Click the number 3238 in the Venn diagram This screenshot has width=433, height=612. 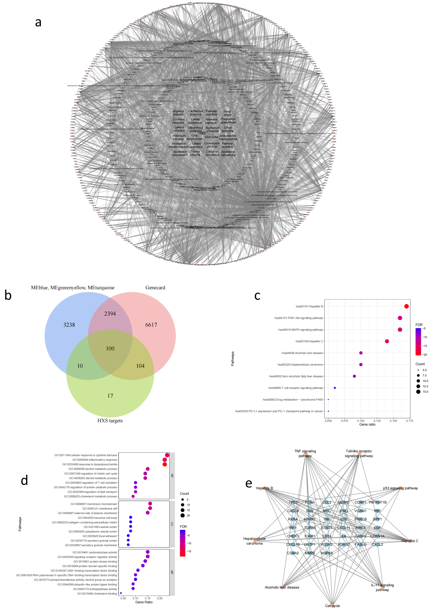[69, 325]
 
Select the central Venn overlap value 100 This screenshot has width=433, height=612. [110, 348]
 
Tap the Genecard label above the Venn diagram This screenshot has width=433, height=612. [155, 288]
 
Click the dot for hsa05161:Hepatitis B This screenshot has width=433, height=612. [406, 306]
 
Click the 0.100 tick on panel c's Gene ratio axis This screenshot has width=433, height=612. [361, 421]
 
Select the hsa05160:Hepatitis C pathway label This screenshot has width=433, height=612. [309, 341]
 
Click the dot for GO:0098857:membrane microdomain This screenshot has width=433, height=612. [150, 504]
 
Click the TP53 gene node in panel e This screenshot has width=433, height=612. [293, 502]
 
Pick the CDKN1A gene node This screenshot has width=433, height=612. [377, 536]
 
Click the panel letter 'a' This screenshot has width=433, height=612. [38, 22]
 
